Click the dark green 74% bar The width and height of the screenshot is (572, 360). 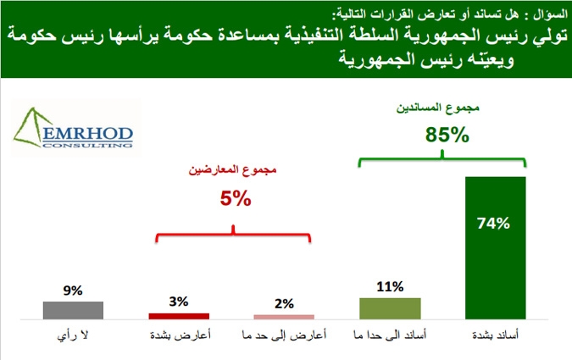tap(496, 248)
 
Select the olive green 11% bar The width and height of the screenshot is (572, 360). tap(390, 308)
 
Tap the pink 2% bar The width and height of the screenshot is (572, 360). tap(284, 317)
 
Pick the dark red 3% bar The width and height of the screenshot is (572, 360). tap(179, 316)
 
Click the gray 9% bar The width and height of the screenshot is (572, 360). tap(73, 310)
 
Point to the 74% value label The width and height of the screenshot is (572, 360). tap(493, 224)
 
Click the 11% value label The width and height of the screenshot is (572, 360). tap(390, 286)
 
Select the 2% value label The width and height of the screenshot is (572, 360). tap(284, 303)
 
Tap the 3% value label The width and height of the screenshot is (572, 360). tap(179, 302)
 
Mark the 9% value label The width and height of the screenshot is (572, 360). tap(73, 291)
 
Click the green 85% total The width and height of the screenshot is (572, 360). tap(447, 135)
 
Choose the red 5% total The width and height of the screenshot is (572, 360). tap(236, 199)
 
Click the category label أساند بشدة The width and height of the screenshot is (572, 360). tap(495, 335)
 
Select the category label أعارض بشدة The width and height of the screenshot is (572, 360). tap(180, 335)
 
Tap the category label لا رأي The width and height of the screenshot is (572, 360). tap(73, 335)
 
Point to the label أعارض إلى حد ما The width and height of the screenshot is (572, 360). tap(284, 335)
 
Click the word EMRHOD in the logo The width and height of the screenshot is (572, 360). tap(87, 134)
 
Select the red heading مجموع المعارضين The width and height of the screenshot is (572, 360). tap(232, 170)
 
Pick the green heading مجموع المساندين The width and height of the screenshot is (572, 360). tap(438, 108)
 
